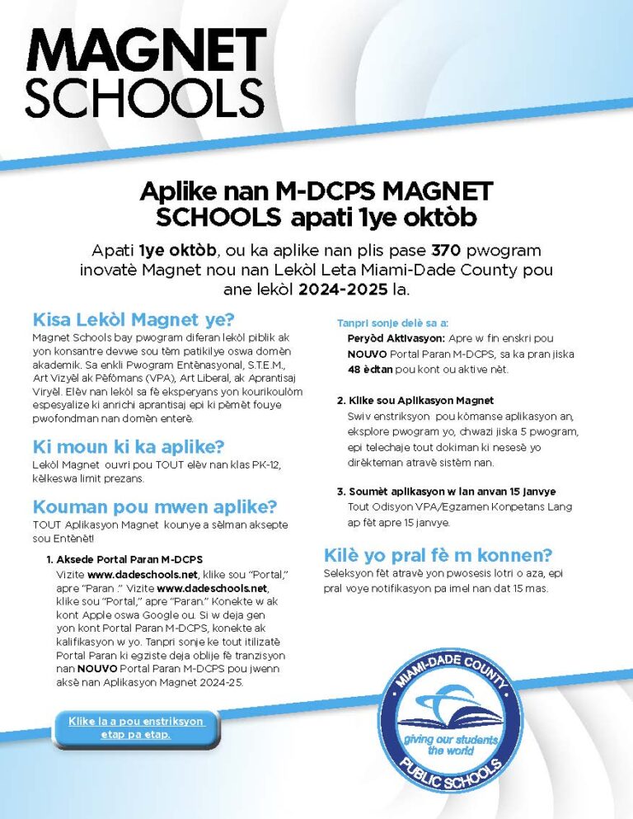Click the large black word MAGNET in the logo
coord(145,51)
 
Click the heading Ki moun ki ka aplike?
coord(128,447)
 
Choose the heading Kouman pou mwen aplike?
coord(154,506)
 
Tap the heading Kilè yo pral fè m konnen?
coord(438,554)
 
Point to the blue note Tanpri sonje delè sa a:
coord(392,322)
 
